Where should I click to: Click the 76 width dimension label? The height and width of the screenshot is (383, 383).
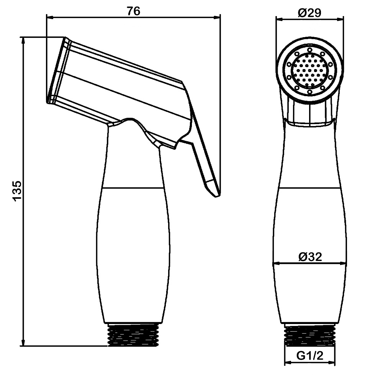click(x=134, y=11)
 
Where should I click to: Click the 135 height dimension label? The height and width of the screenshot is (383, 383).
click(x=18, y=191)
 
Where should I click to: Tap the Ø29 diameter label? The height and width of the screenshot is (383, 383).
click(x=310, y=13)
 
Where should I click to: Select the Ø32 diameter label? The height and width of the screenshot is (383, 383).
click(x=310, y=257)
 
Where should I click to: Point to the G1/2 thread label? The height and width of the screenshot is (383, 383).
click(x=310, y=356)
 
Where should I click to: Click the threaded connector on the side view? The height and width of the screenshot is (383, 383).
click(x=132, y=335)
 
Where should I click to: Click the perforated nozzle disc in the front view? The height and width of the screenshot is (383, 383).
click(x=310, y=71)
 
